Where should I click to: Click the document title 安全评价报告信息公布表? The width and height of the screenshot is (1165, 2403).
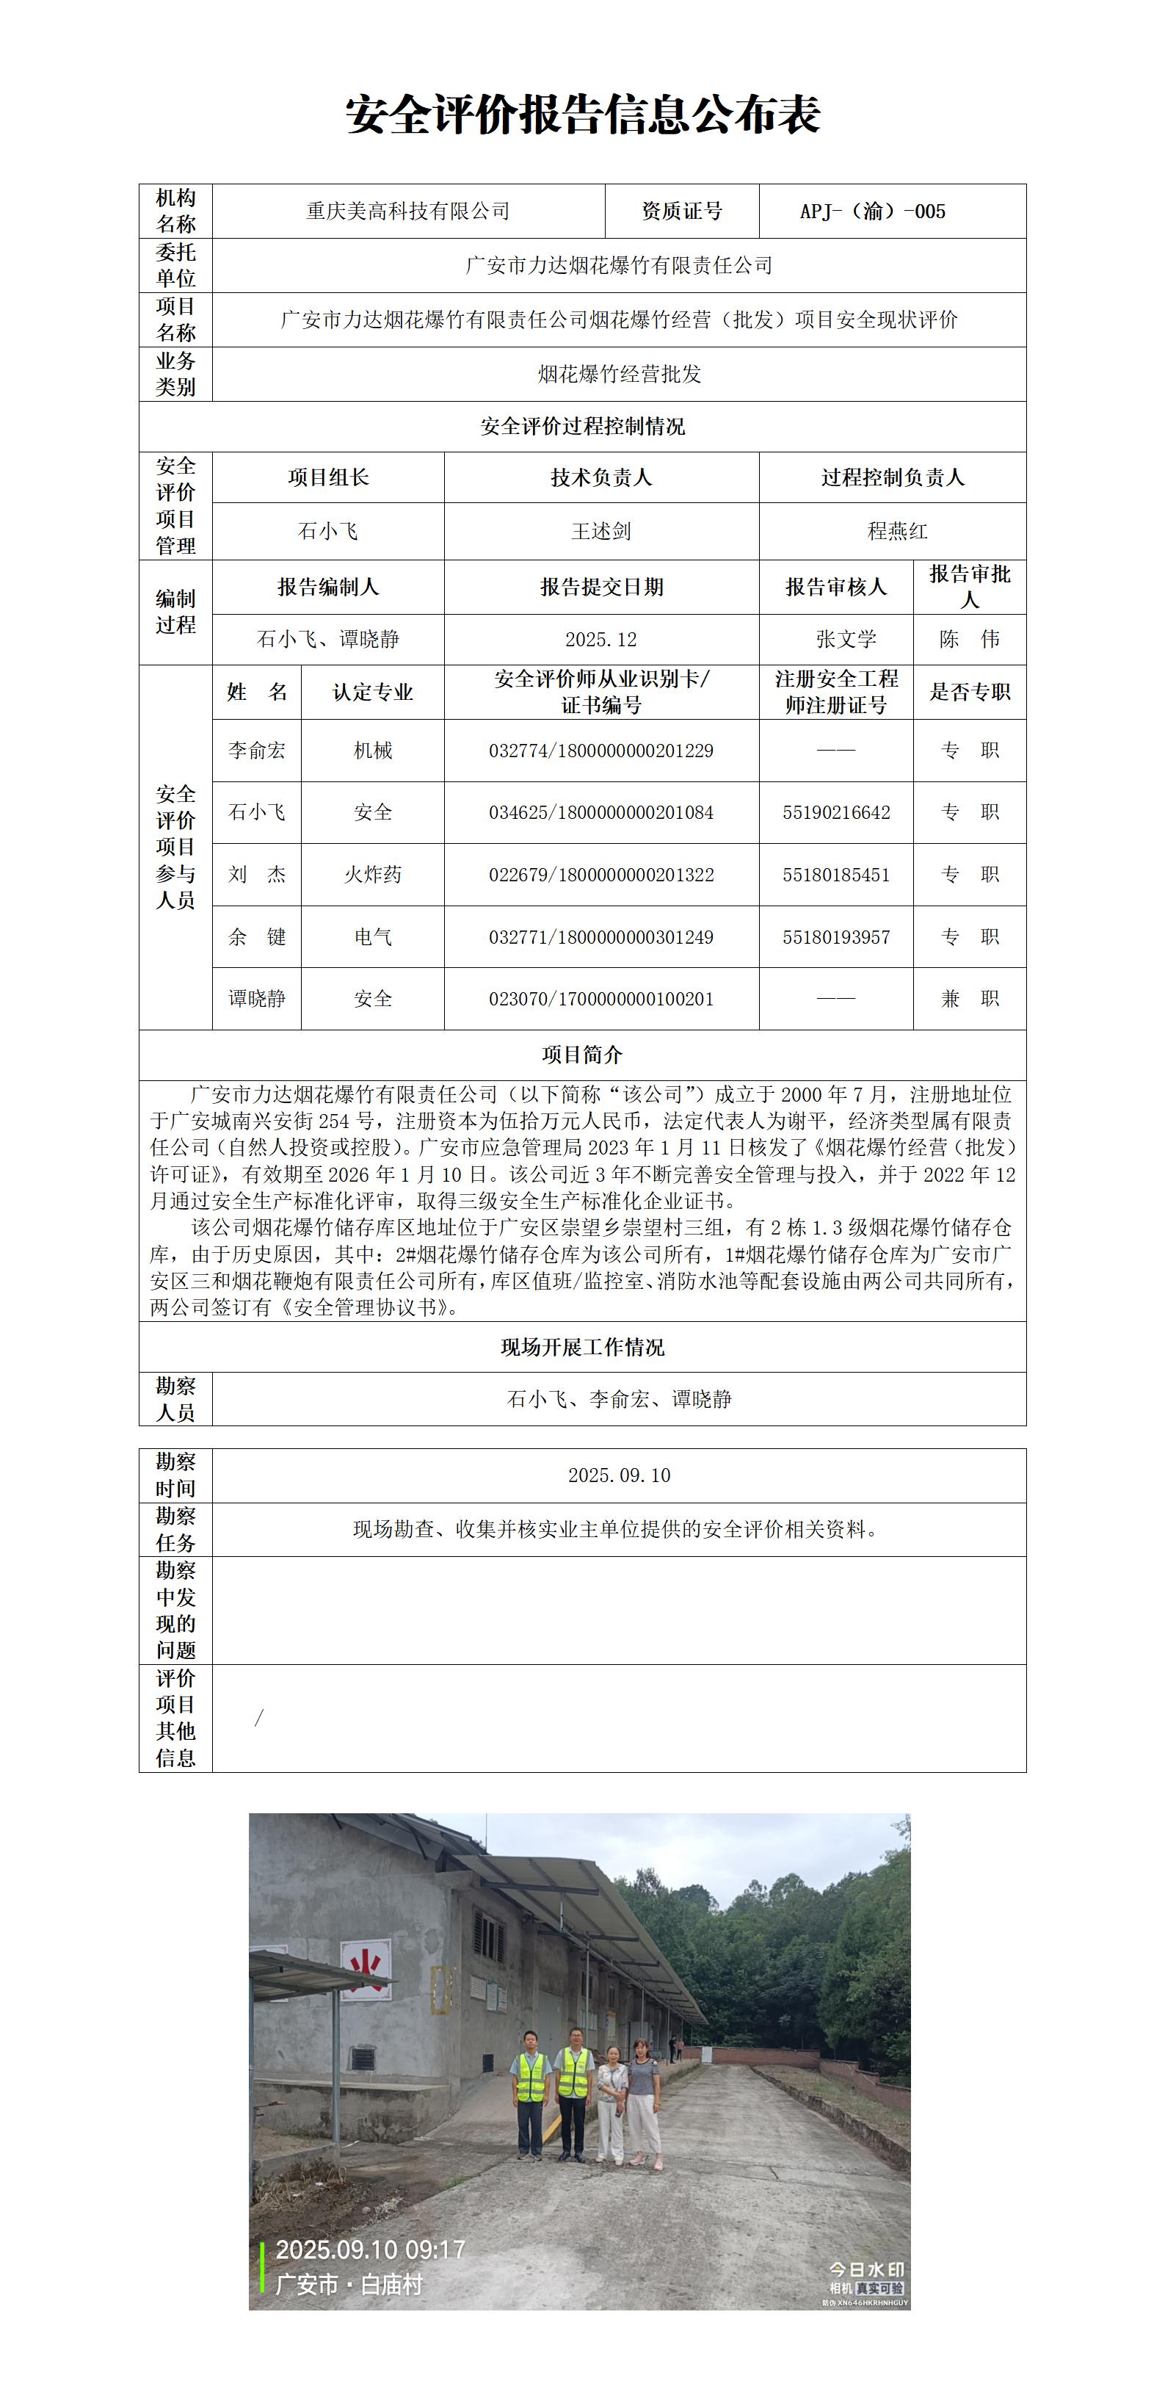click(582, 115)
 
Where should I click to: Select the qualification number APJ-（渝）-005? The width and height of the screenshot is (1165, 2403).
click(872, 212)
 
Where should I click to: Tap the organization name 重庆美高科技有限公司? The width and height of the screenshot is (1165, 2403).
click(409, 212)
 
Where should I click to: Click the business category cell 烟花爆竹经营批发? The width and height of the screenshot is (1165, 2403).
click(620, 374)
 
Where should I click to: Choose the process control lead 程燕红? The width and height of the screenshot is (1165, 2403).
click(896, 532)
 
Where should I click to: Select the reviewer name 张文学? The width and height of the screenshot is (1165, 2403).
click(846, 640)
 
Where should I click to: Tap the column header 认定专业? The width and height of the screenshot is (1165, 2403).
click(372, 692)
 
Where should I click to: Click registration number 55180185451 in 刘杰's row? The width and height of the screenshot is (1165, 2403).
click(835, 875)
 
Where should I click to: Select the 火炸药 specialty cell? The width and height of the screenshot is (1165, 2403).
click(372, 875)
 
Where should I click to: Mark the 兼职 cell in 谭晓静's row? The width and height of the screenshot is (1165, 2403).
click(969, 999)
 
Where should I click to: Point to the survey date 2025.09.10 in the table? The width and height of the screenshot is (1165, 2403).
click(620, 1475)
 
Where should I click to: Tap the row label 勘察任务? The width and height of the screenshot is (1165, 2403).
click(175, 1529)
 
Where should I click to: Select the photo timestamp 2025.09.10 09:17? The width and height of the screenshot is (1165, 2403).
click(370, 2250)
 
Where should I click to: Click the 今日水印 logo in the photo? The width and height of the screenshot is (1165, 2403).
click(866, 2269)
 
